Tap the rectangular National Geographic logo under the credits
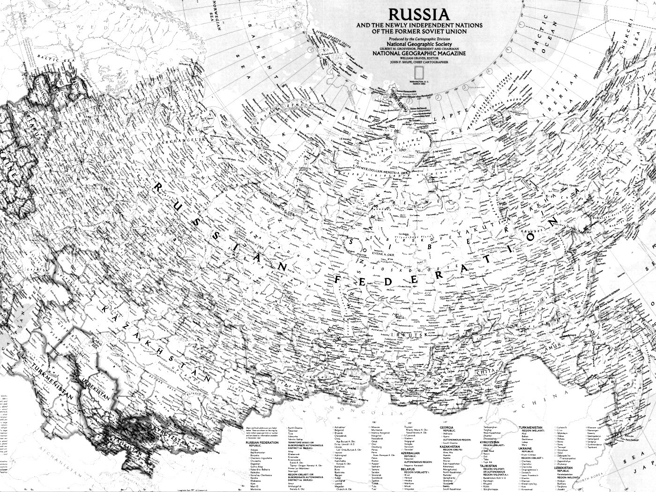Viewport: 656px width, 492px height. tap(419, 72)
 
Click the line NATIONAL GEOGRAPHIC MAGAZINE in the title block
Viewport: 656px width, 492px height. tap(419, 53)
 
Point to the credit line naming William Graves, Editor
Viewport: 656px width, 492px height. tap(419, 58)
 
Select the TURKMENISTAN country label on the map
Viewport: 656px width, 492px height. tap(50, 380)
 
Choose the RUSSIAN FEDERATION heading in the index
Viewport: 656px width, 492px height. tap(259, 443)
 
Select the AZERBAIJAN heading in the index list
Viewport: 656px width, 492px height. tap(410, 454)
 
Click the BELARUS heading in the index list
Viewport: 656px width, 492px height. tap(408, 469)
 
